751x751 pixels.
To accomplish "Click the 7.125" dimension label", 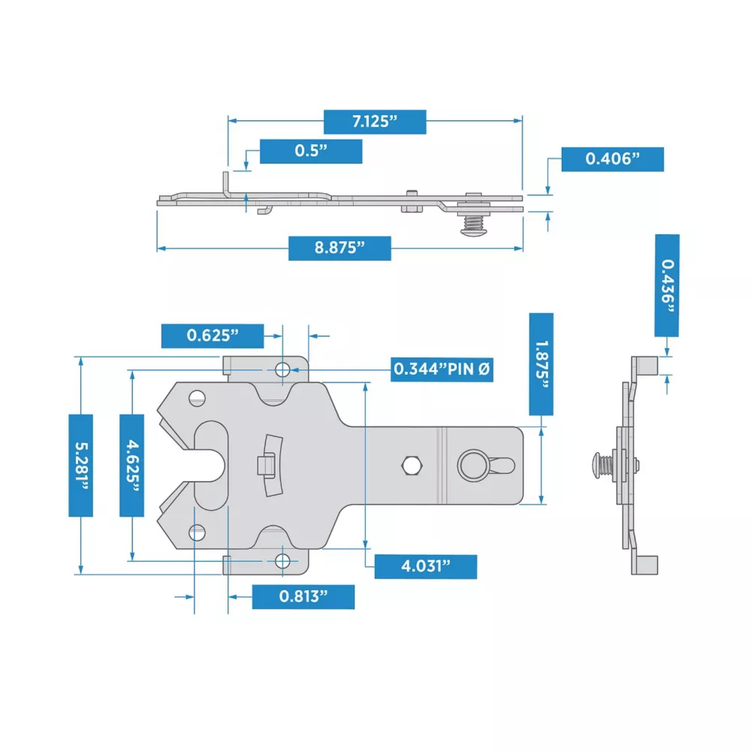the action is pos(375,122).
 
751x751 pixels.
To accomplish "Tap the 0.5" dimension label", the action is pos(311,152).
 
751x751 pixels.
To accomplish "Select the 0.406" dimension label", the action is pos(613,159).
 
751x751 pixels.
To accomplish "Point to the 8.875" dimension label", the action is pos(339,248).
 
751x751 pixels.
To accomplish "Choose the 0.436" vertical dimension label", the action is pos(667,285).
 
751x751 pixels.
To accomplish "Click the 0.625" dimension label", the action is pos(213,336).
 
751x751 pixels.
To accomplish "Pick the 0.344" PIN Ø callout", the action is pos(442,369).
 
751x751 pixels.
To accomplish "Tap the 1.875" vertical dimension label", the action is pos(541,364).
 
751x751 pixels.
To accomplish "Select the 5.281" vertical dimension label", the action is pos(81,466).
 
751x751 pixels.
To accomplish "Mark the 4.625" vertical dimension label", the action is pos(131,466).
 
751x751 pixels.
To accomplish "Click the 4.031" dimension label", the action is pos(426,566).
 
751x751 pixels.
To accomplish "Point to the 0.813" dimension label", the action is pos(303,597).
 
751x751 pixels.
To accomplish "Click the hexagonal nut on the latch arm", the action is pos(411,465).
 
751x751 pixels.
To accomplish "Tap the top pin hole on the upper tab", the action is pos(282,369).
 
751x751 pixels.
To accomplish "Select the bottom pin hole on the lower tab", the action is pos(282,561).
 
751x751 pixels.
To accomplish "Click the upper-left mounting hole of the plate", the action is pos(198,399).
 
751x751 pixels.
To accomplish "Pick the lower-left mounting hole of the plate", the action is pos(198,532).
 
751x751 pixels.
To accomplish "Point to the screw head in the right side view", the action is pos(596,465).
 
